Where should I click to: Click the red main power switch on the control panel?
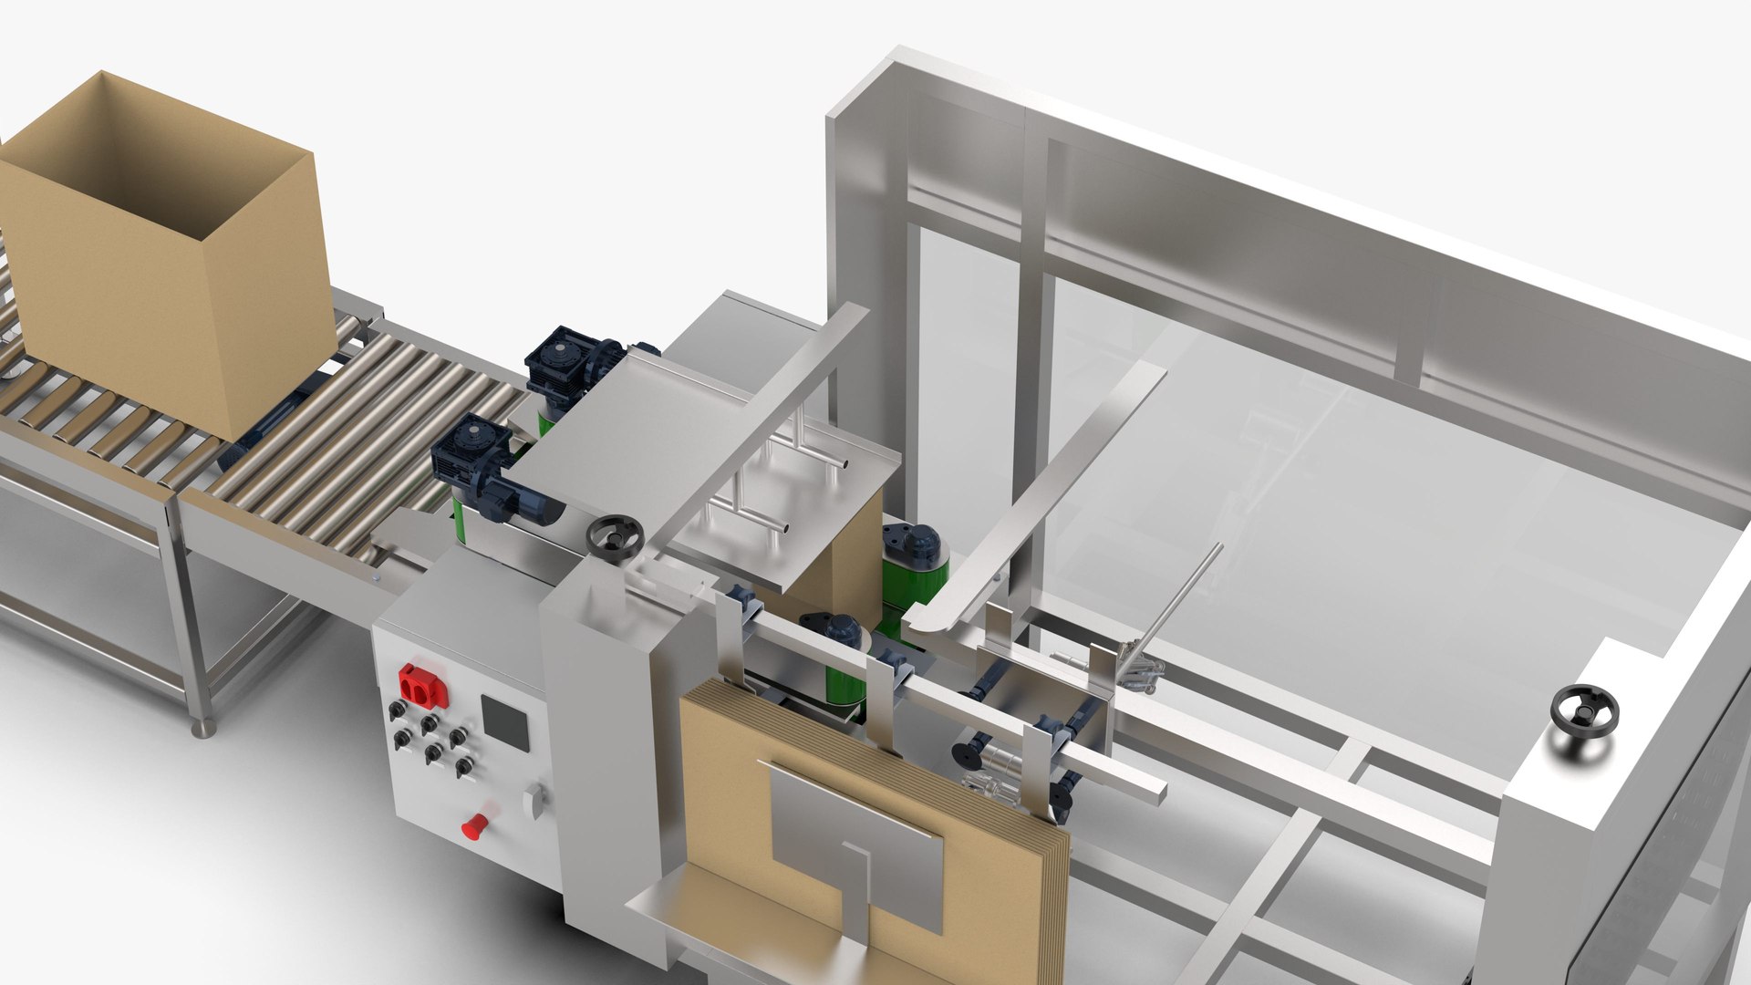tap(423, 686)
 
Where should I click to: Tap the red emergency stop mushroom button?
tap(474, 825)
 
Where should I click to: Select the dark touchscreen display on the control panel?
tap(505, 722)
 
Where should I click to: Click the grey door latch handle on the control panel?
tap(534, 801)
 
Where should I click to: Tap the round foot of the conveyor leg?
tap(203, 728)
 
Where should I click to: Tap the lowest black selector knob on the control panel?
tap(463, 766)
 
